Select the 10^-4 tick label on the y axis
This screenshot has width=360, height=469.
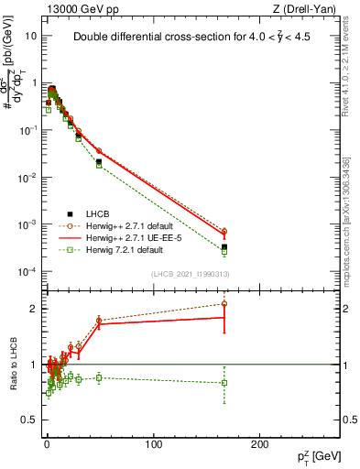click(x=27, y=272)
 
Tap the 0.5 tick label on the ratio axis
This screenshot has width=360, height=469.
click(x=27, y=420)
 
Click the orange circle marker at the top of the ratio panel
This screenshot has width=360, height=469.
click(x=224, y=303)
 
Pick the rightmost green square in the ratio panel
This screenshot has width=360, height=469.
click(x=224, y=383)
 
